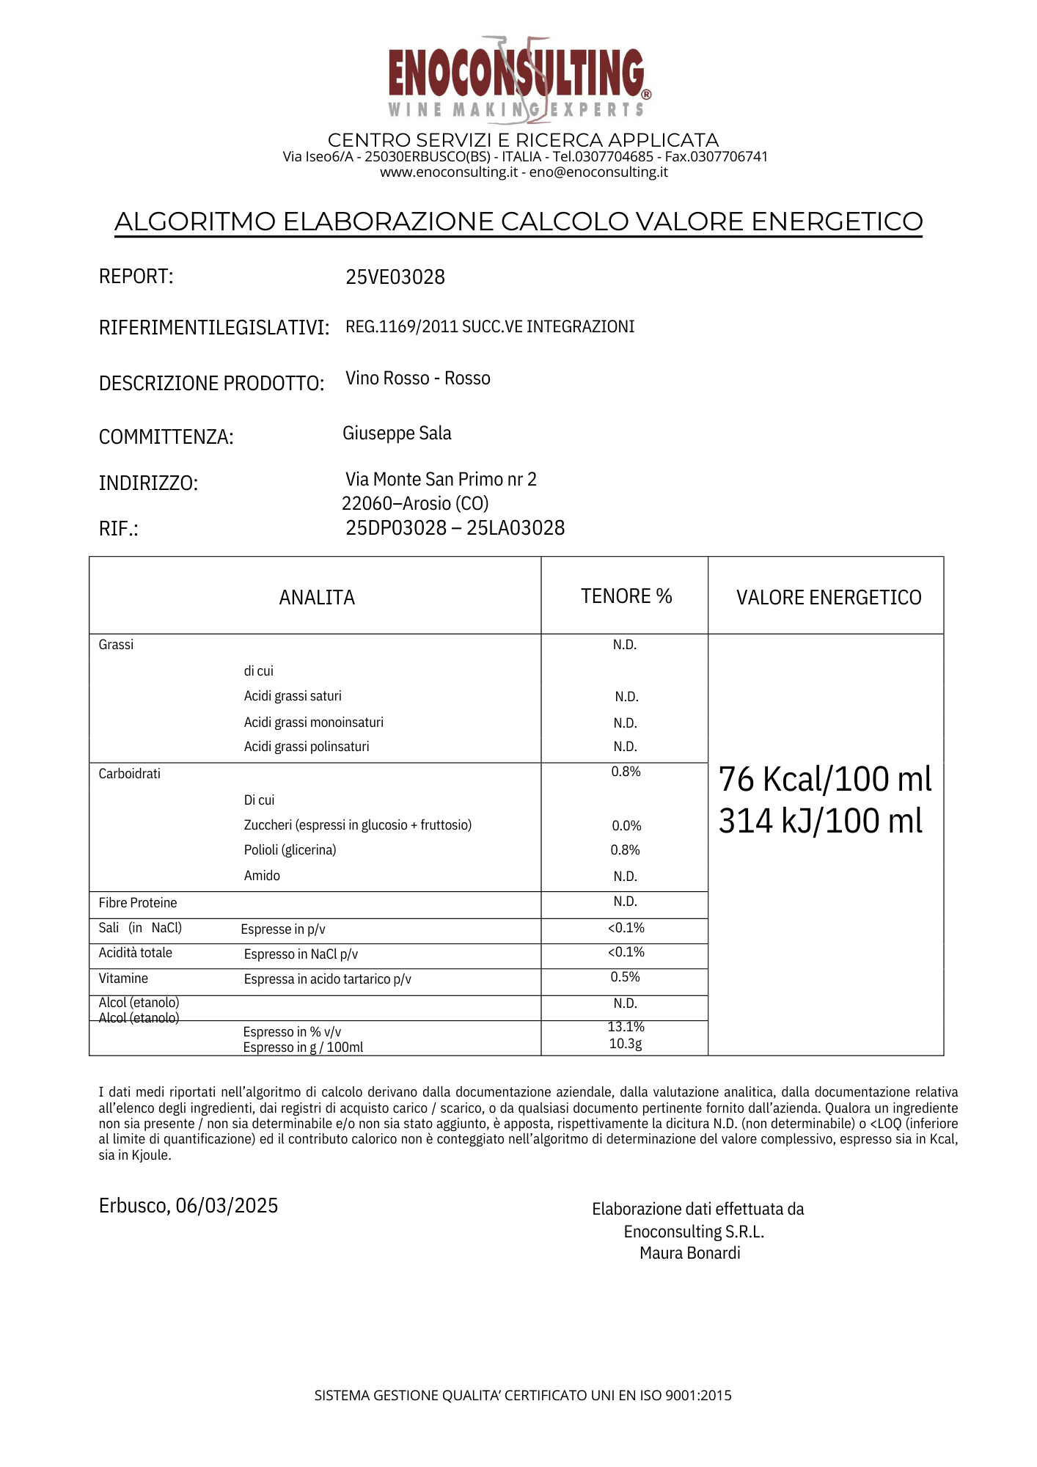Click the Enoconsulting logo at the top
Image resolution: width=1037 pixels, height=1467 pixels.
[518, 76]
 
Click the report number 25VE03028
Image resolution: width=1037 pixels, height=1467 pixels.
[395, 277]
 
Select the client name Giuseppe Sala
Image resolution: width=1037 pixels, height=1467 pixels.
[397, 433]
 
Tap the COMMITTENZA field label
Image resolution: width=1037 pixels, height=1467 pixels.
[166, 437]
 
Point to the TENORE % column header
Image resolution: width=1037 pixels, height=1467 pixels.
[626, 596]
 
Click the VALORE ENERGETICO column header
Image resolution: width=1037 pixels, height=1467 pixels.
[829, 598]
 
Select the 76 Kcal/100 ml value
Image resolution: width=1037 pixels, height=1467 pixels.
[825, 779]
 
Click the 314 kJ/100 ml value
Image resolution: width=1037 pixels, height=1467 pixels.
[821, 821]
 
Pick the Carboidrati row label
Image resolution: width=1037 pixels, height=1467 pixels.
[130, 774]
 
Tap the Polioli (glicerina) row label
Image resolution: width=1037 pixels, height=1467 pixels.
[290, 850]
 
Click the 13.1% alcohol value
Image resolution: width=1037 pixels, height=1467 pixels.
[626, 1027]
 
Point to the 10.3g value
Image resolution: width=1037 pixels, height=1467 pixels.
[626, 1044]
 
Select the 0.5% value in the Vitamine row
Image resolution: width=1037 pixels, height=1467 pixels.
[626, 977]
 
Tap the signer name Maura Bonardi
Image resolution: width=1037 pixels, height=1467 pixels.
[690, 1253]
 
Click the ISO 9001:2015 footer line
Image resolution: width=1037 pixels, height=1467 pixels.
[523, 1395]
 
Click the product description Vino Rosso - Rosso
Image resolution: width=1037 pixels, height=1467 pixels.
[418, 378]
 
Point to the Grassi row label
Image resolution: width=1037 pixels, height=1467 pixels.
[116, 645]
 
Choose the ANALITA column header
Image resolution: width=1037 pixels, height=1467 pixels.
[317, 598]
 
